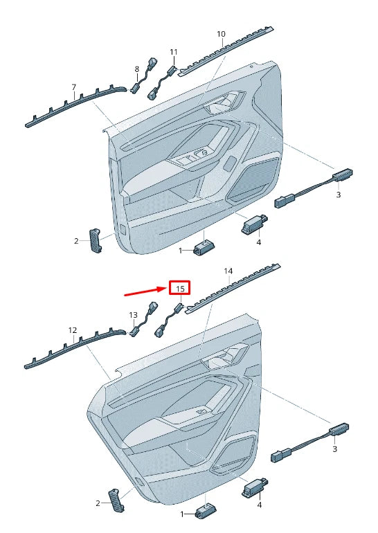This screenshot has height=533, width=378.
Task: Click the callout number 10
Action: [x=221, y=34]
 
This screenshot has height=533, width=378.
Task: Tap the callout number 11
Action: [x=174, y=52]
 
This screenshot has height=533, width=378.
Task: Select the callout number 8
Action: [x=137, y=69]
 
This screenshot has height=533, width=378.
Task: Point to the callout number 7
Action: [x=74, y=87]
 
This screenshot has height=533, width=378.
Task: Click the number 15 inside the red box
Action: [x=180, y=287]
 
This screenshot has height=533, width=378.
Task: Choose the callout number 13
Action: [x=134, y=315]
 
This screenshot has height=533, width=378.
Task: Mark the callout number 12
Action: [x=72, y=330]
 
